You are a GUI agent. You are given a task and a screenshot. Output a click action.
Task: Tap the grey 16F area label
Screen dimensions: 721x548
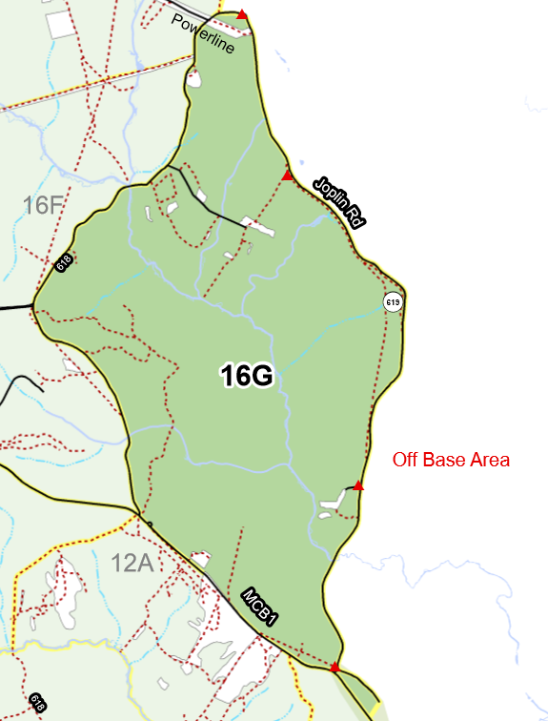coord(43,204)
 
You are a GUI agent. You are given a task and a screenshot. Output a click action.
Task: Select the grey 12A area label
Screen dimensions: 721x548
coord(132,563)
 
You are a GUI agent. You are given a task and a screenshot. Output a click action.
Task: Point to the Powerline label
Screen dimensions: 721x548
coord(203,34)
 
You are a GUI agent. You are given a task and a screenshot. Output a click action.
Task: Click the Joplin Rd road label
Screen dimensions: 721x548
coord(339,201)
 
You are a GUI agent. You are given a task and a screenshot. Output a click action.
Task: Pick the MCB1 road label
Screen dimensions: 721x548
coord(260,608)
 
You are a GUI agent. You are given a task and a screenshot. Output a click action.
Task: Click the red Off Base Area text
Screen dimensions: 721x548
coord(451,460)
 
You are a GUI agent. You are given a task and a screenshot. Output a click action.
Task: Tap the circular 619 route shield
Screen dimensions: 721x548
coord(393,302)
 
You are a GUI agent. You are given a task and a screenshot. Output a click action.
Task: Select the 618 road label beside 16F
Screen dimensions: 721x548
coord(64,262)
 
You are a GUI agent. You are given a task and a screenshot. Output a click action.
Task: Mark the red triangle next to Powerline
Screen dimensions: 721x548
coord(243,14)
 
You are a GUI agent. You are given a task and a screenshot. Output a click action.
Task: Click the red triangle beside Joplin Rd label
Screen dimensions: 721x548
coord(288,175)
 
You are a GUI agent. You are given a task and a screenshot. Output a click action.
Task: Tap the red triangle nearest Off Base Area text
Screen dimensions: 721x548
coord(358,486)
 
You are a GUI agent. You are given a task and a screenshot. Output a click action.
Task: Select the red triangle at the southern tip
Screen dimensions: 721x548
coord(335,668)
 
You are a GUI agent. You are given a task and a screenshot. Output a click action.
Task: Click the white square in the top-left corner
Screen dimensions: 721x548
coord(60,25)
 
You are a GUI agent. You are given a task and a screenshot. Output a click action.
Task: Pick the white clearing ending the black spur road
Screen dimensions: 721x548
coord(259,227)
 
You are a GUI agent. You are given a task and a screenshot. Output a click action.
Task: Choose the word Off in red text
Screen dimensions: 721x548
coord(407,460)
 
